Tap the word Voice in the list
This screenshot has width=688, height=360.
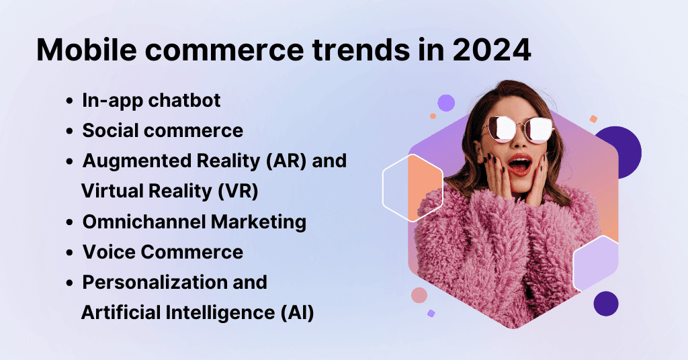click(x=107, y=252)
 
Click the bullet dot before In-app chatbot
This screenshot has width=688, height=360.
click(x=70, y=101)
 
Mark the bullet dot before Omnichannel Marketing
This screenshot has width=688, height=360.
click(x=70, y=222)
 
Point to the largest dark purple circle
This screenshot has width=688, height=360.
click(x=617, y=152)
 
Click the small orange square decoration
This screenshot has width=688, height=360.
click(x=593, y=119)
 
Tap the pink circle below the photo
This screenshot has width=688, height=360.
click(x=419, y=296)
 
